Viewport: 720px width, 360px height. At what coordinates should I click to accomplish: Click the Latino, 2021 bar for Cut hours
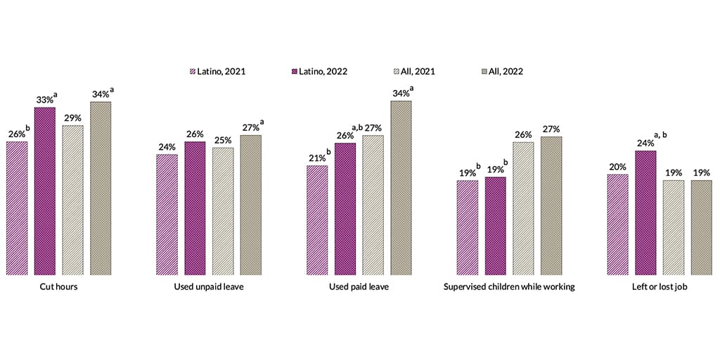(17, 208)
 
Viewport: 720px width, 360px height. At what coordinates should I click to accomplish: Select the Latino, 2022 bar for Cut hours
(45, 191)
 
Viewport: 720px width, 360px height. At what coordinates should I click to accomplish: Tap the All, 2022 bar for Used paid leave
(401, 188)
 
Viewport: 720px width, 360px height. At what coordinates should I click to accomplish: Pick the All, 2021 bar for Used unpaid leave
(223, 211)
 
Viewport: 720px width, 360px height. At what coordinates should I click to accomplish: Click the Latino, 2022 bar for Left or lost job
(645, 212)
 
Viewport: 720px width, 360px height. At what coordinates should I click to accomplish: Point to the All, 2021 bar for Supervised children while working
(523, 208)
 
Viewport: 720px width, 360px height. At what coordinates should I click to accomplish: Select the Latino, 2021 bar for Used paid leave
(317, 220)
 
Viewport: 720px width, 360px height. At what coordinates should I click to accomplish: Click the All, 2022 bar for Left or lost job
(702, 227)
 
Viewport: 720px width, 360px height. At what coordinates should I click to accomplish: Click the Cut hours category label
(58, 287)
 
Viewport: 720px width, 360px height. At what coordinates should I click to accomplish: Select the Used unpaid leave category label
(209, 287)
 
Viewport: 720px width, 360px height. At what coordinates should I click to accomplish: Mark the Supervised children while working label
(510, 287)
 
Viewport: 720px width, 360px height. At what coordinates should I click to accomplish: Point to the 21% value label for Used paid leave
(315, 158)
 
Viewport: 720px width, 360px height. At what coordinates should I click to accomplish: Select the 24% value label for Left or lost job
(644, 143)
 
